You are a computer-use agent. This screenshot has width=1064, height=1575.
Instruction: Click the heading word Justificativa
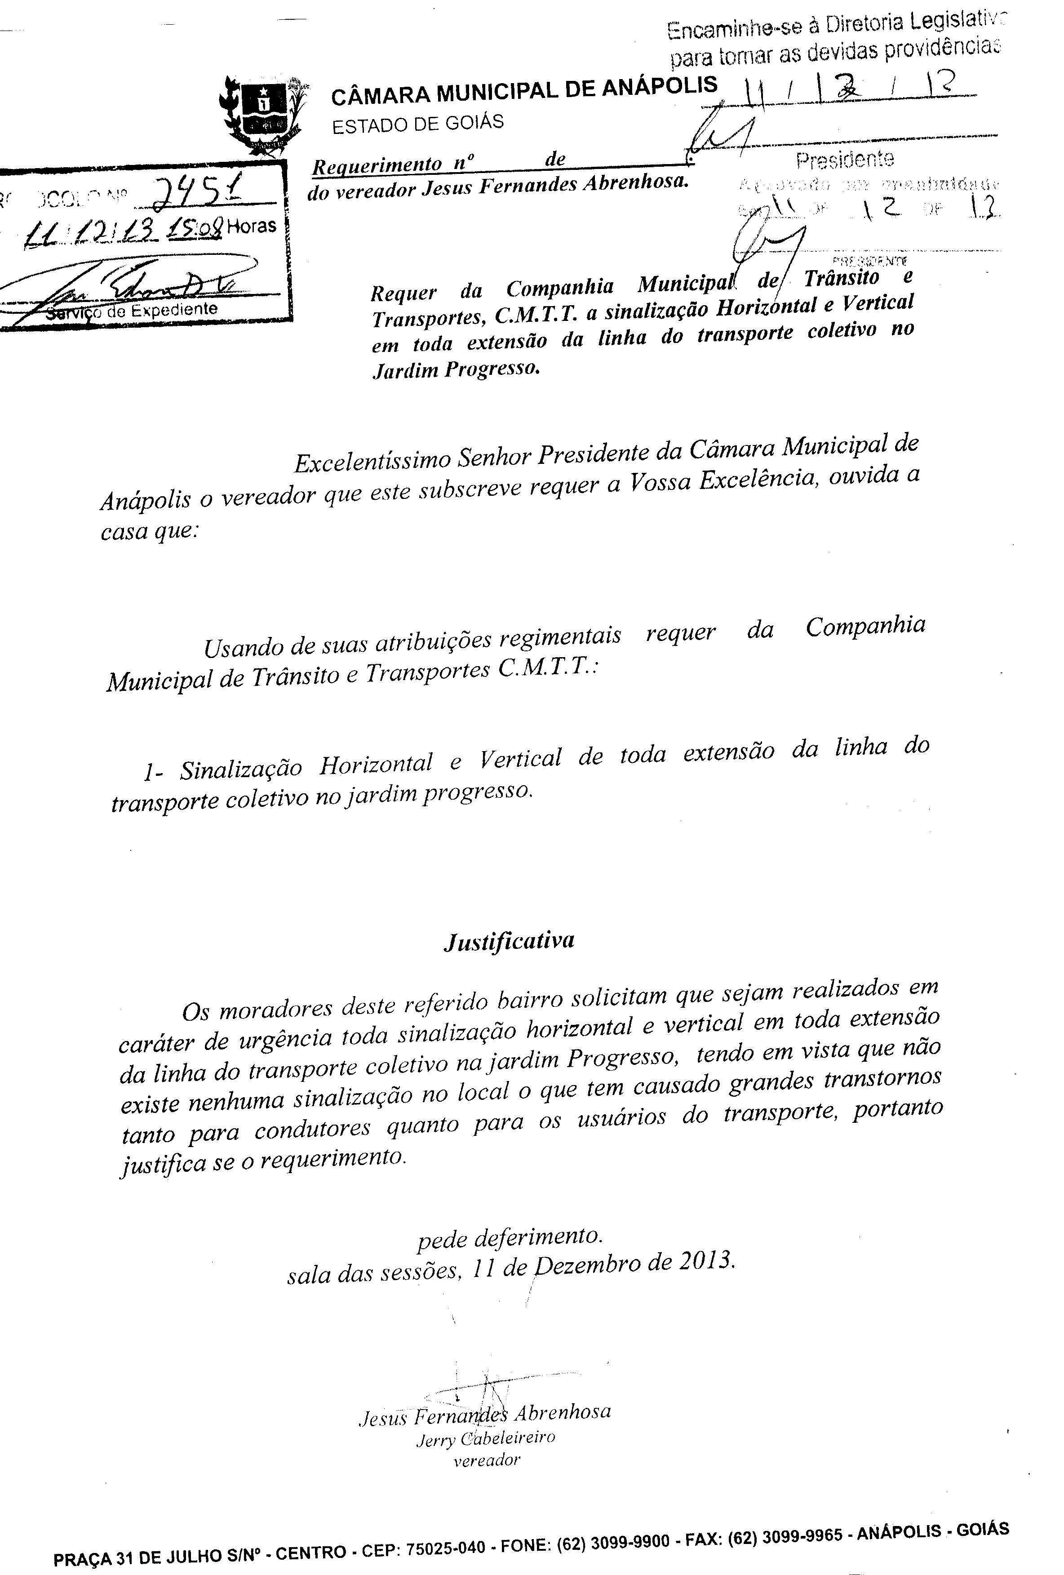coord(509,941)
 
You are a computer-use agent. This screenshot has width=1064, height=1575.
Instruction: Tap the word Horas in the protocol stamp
coord(251,226)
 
